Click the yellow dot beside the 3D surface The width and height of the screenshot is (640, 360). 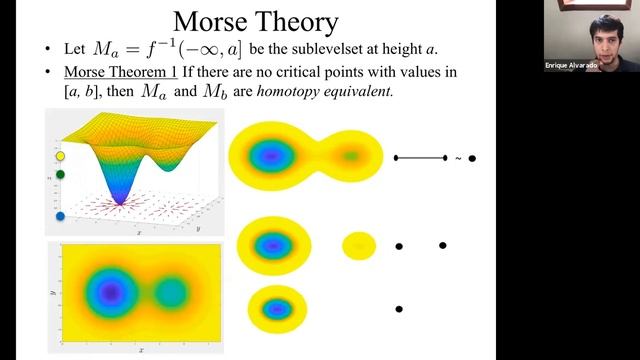pyautogui.click(x=60, y=157)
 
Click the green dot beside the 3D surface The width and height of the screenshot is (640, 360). pyautogui.click(x=60, y=175)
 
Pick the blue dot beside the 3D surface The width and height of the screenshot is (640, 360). pyautogui.click(x=60, y=215)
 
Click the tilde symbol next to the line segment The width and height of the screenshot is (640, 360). pyautogui.click(x=459, y=158)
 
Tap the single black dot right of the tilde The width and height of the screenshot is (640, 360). pyautogui.click(x=472, y=158)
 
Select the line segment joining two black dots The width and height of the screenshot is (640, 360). pyautogui.click(x=421, y=158)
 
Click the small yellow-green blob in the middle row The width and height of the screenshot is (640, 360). pyautogui.click(x=359, y=246)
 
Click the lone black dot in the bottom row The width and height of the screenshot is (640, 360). pyautogui.click(x=399, y=310)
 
